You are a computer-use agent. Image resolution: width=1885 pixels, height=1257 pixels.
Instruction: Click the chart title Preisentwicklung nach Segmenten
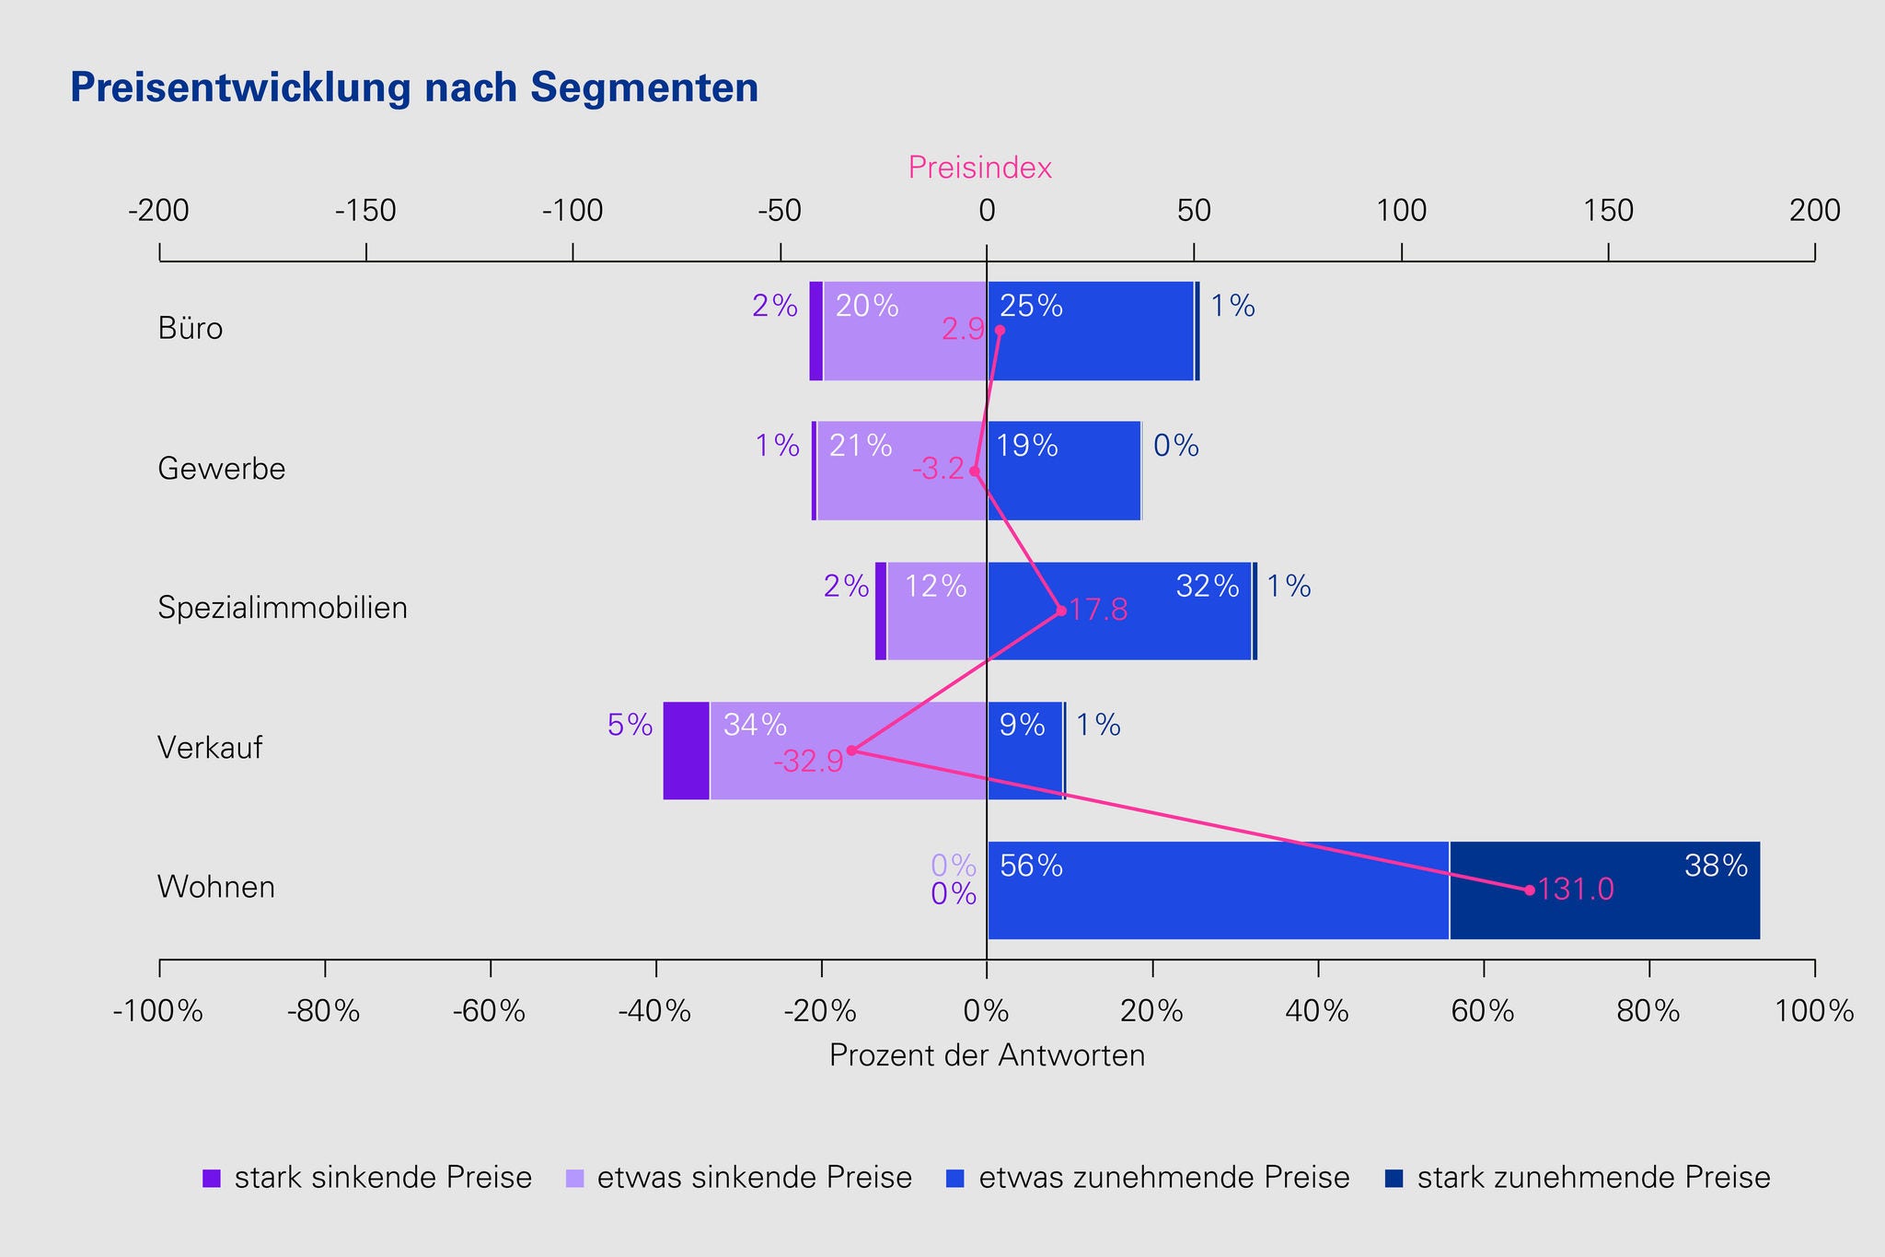[414, 88]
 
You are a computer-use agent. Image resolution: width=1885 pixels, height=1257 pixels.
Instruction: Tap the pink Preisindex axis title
[979, 168]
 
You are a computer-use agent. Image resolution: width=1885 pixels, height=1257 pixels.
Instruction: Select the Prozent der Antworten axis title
[987, 1055]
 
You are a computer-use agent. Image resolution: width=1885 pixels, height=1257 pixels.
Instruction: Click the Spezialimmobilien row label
[283, 608]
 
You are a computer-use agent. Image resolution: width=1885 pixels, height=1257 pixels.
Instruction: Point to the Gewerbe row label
[222, 469]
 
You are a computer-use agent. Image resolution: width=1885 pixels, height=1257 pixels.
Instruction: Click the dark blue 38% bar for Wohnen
[1604, 890]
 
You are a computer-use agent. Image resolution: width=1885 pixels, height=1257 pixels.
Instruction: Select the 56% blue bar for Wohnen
[1218, 890]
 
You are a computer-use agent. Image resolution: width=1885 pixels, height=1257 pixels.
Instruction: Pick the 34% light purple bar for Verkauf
[848, 751]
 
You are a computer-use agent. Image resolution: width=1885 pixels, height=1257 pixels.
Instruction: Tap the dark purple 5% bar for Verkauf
[687, 751]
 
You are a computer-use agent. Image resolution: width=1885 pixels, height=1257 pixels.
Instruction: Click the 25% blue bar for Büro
[1091, 331]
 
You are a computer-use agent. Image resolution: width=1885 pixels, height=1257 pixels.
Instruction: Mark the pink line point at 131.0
[1530, 890]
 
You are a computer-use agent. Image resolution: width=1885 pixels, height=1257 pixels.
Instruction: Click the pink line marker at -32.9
[851, 751]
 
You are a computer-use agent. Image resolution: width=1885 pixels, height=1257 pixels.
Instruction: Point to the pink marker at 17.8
[1061, 611]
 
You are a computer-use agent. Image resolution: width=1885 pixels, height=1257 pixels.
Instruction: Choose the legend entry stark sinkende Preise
[368, 1178]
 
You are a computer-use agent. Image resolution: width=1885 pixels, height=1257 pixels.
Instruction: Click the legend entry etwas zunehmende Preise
[1150, 1178]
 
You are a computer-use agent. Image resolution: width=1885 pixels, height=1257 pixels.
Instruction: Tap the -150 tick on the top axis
[365, 212]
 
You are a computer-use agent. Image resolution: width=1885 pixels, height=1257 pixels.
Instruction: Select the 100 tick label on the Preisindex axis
[1401, 212]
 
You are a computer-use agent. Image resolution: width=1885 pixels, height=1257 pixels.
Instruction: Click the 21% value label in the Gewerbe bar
[861, 446]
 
